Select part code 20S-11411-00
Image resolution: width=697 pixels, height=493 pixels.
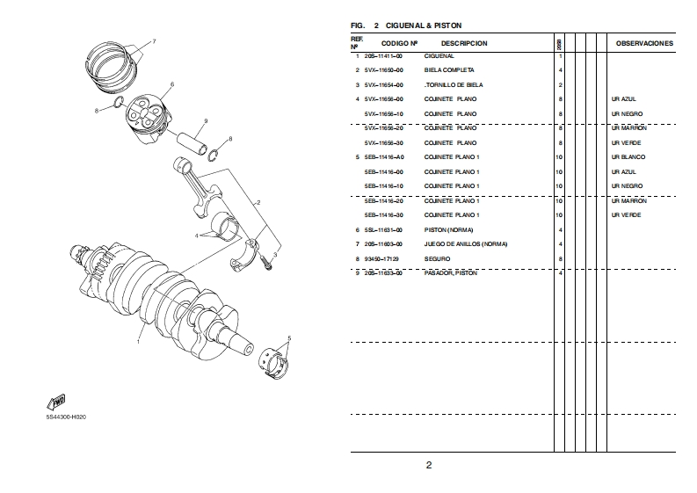click(x=384, y=55)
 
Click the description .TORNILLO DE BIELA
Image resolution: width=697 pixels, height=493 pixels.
click(x=454, y=84)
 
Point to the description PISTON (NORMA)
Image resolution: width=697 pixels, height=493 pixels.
click(x=448, y=229)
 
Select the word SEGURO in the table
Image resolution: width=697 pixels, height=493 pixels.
click(x=437, y=258)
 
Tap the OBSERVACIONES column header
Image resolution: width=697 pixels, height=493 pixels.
click(x=644, y=43)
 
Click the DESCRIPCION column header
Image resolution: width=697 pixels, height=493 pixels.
click(x=464, y=43)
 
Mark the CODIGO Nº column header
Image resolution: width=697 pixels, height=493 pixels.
click(x=399, y=43)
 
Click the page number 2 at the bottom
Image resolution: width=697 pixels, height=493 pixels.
click(x=429, y=465)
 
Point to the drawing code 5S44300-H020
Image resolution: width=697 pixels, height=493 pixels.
click(x=67, y=417)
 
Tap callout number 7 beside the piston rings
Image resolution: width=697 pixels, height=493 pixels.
click(x=153, y=41)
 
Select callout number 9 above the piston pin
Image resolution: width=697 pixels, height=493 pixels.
click(x=205, y=120)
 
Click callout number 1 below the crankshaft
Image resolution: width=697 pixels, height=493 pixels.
click(x=137, y=342)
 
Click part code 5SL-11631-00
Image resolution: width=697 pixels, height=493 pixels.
click(x=383, y=229)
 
